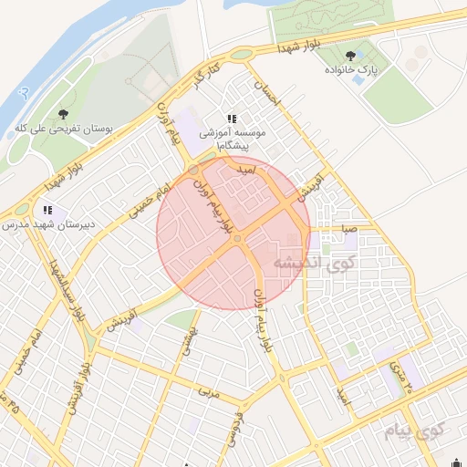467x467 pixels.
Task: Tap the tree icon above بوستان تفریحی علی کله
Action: [x=63, y=115]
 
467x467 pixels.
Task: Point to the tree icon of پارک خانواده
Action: [x=350, y=57]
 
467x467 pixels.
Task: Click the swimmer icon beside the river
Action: [x=24, y=92]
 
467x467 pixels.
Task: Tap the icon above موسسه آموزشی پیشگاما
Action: [x=233, y=119]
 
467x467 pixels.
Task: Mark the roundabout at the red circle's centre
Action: [x=236, y=239]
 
